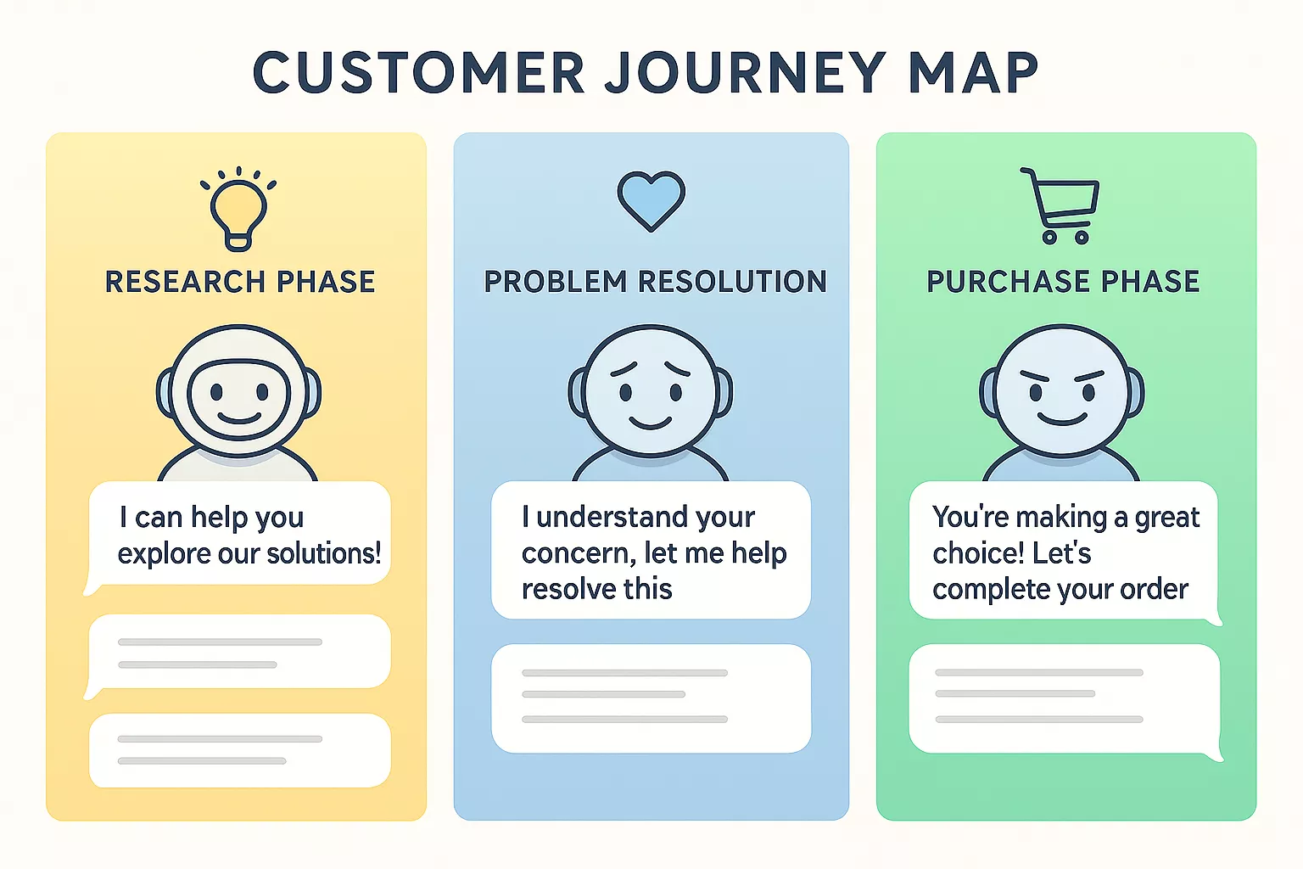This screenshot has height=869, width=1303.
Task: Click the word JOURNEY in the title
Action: tap(745, 73)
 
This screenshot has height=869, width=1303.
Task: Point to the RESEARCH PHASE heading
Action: tap(239, 282)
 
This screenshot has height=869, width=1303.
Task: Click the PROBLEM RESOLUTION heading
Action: tap(655, 282)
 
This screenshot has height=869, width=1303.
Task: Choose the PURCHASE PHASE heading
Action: tap(1062, 282)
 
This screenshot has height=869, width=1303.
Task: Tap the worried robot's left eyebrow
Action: tap(624, 369)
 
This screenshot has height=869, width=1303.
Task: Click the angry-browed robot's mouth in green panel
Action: tap(1062, 418)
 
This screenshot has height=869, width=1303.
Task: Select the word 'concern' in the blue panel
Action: tap(577, 553)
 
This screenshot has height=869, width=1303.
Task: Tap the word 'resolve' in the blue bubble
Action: tap(559, 589)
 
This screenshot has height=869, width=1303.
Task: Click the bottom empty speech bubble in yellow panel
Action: tap(239, 750)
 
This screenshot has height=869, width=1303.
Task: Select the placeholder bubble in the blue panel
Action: tap(651, 698)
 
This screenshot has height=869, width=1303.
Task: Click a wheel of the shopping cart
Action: tap(1049, 238)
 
